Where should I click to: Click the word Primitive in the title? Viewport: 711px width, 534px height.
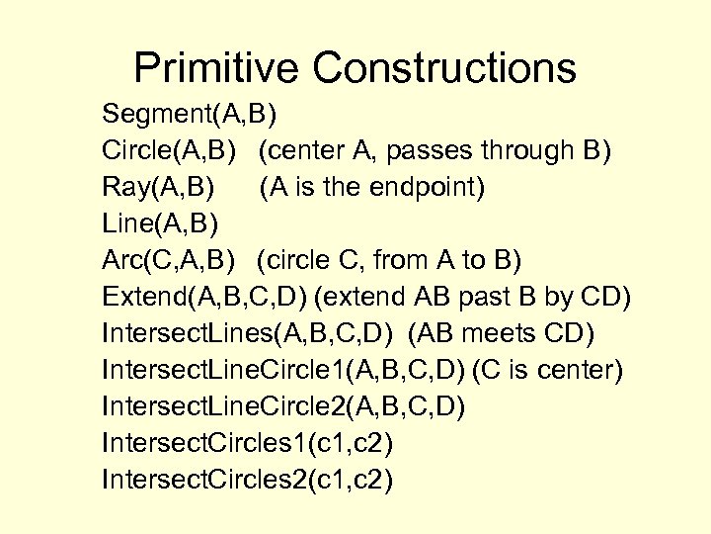(218, 68)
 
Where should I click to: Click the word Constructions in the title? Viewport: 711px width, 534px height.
(444, 68)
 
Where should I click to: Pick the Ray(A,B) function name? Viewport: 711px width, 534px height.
(158, 187)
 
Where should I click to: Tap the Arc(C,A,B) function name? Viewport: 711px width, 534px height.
(169, 260)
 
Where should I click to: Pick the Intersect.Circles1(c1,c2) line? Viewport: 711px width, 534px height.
(247, 443)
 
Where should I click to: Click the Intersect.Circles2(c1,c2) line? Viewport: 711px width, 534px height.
(247, 480)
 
